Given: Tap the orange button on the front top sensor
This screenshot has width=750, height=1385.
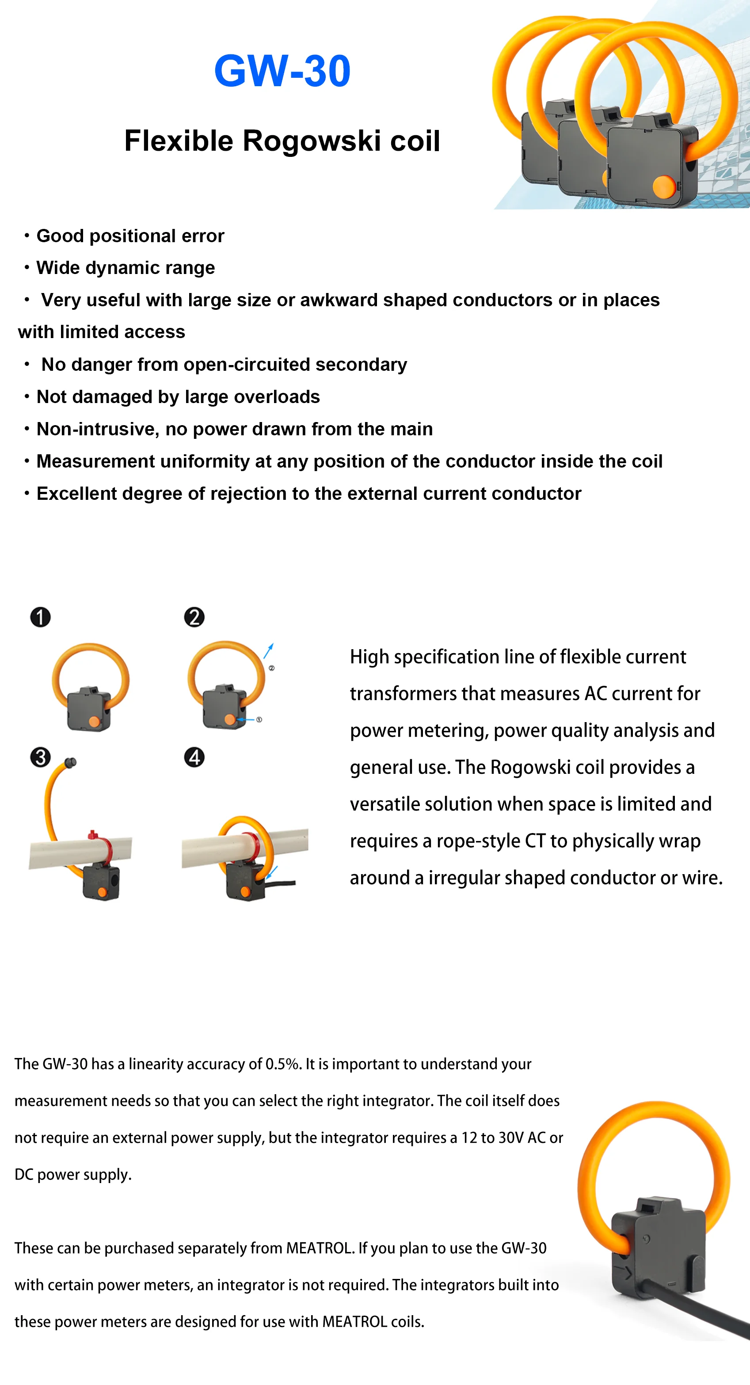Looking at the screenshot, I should point(664,186).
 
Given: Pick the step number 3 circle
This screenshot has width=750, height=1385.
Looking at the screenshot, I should point(40,757).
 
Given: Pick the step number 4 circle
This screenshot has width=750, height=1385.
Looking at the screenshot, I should point(194,757).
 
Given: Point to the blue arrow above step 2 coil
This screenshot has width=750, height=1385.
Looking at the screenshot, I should point(269,650).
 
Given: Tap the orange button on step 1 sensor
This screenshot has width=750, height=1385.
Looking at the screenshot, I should point(94,721).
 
